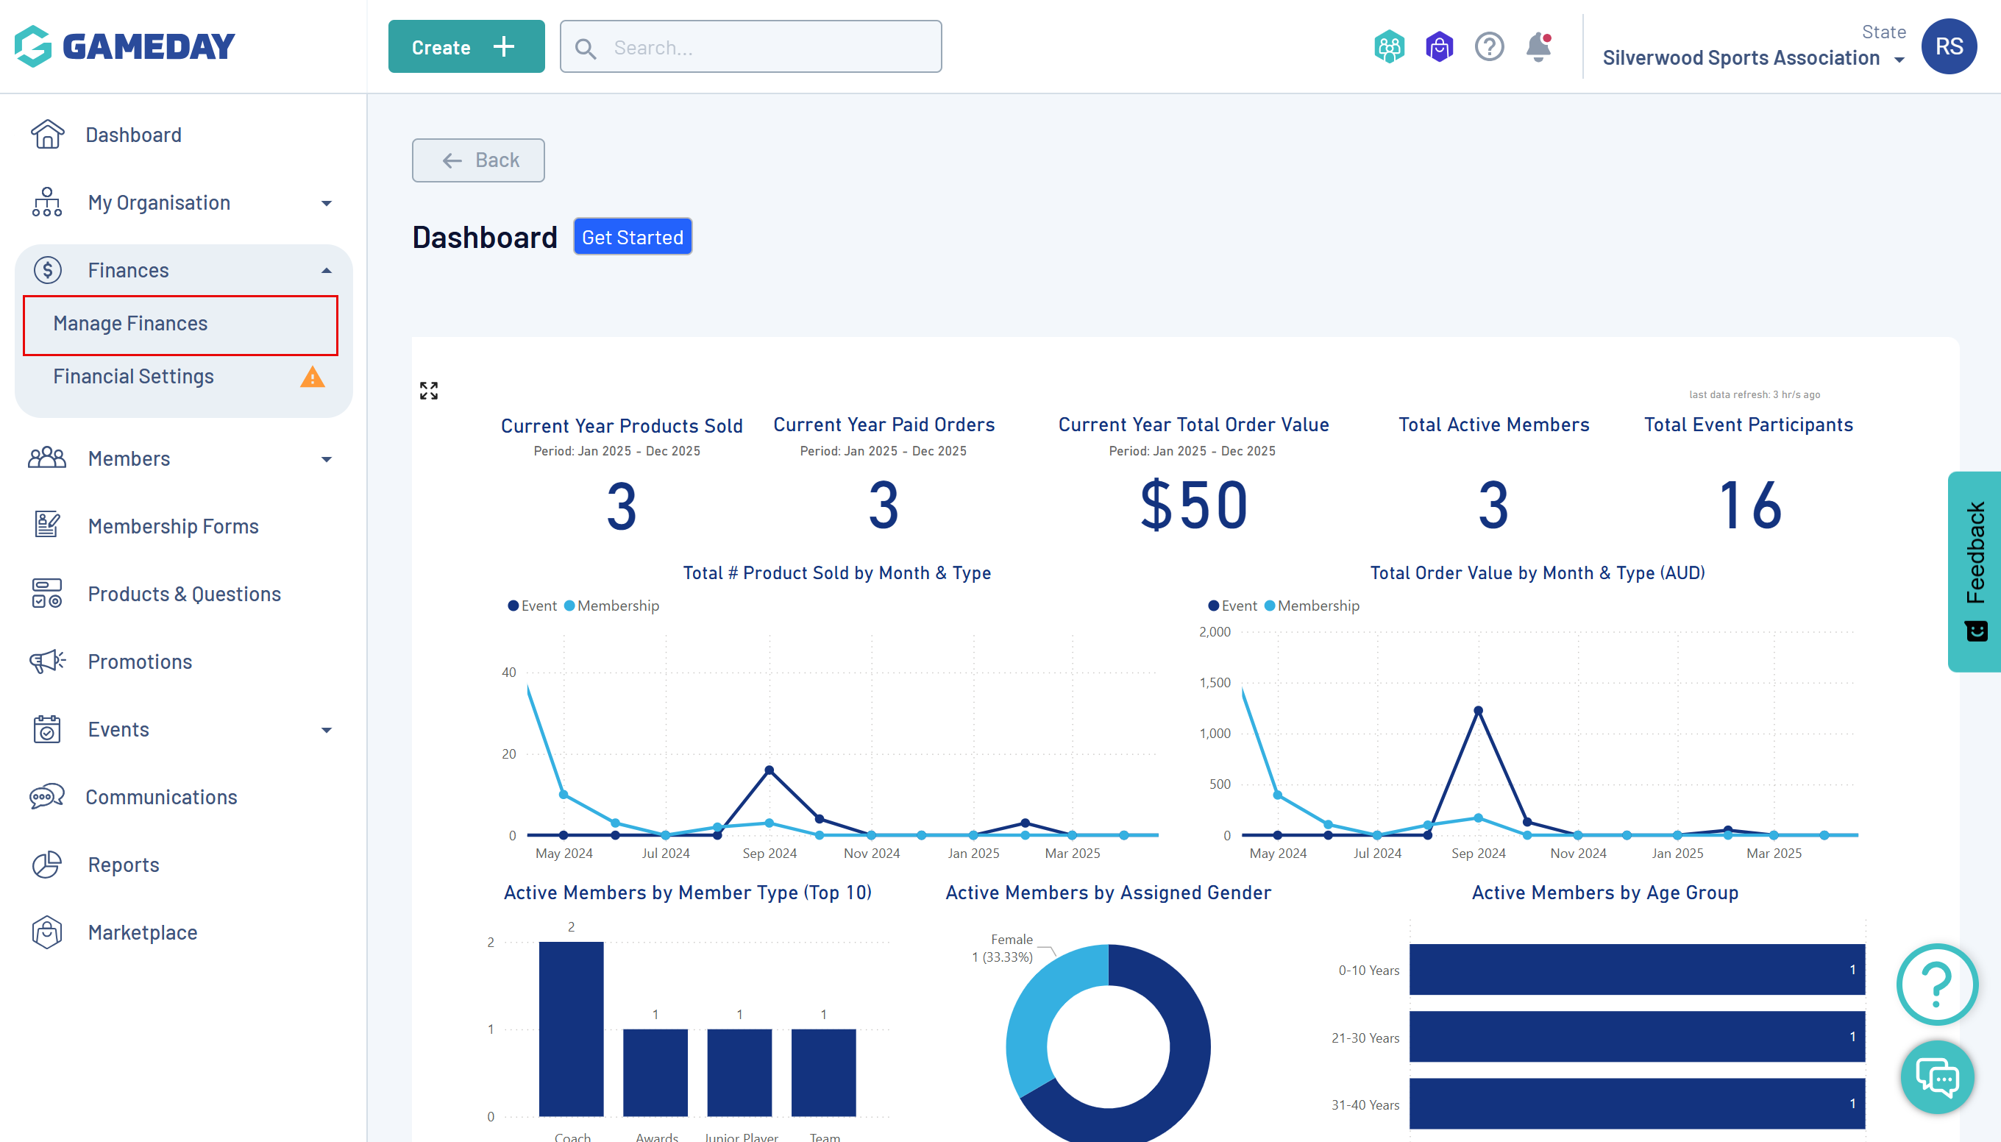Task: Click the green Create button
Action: point(466,47)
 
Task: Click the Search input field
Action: point(750,47)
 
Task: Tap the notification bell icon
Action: point(1538,47)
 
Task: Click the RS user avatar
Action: point(1948,47)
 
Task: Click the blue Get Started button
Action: point(632,237)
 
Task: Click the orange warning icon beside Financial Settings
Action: point(312,377)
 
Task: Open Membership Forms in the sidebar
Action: point(172,526)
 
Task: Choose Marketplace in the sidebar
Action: point(142,932)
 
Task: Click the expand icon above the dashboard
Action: point(429,391)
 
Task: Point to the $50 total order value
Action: point(1193,506)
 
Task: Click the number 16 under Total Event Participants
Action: point(1749,506)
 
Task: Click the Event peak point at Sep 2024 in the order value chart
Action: point(1478,711)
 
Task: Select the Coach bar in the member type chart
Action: point(571,1027)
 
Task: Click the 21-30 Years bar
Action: point(1636,1037)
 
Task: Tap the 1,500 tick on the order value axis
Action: point(1215,683)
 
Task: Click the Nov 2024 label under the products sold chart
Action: point(871,854)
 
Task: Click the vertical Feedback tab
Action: point(1975,570)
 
